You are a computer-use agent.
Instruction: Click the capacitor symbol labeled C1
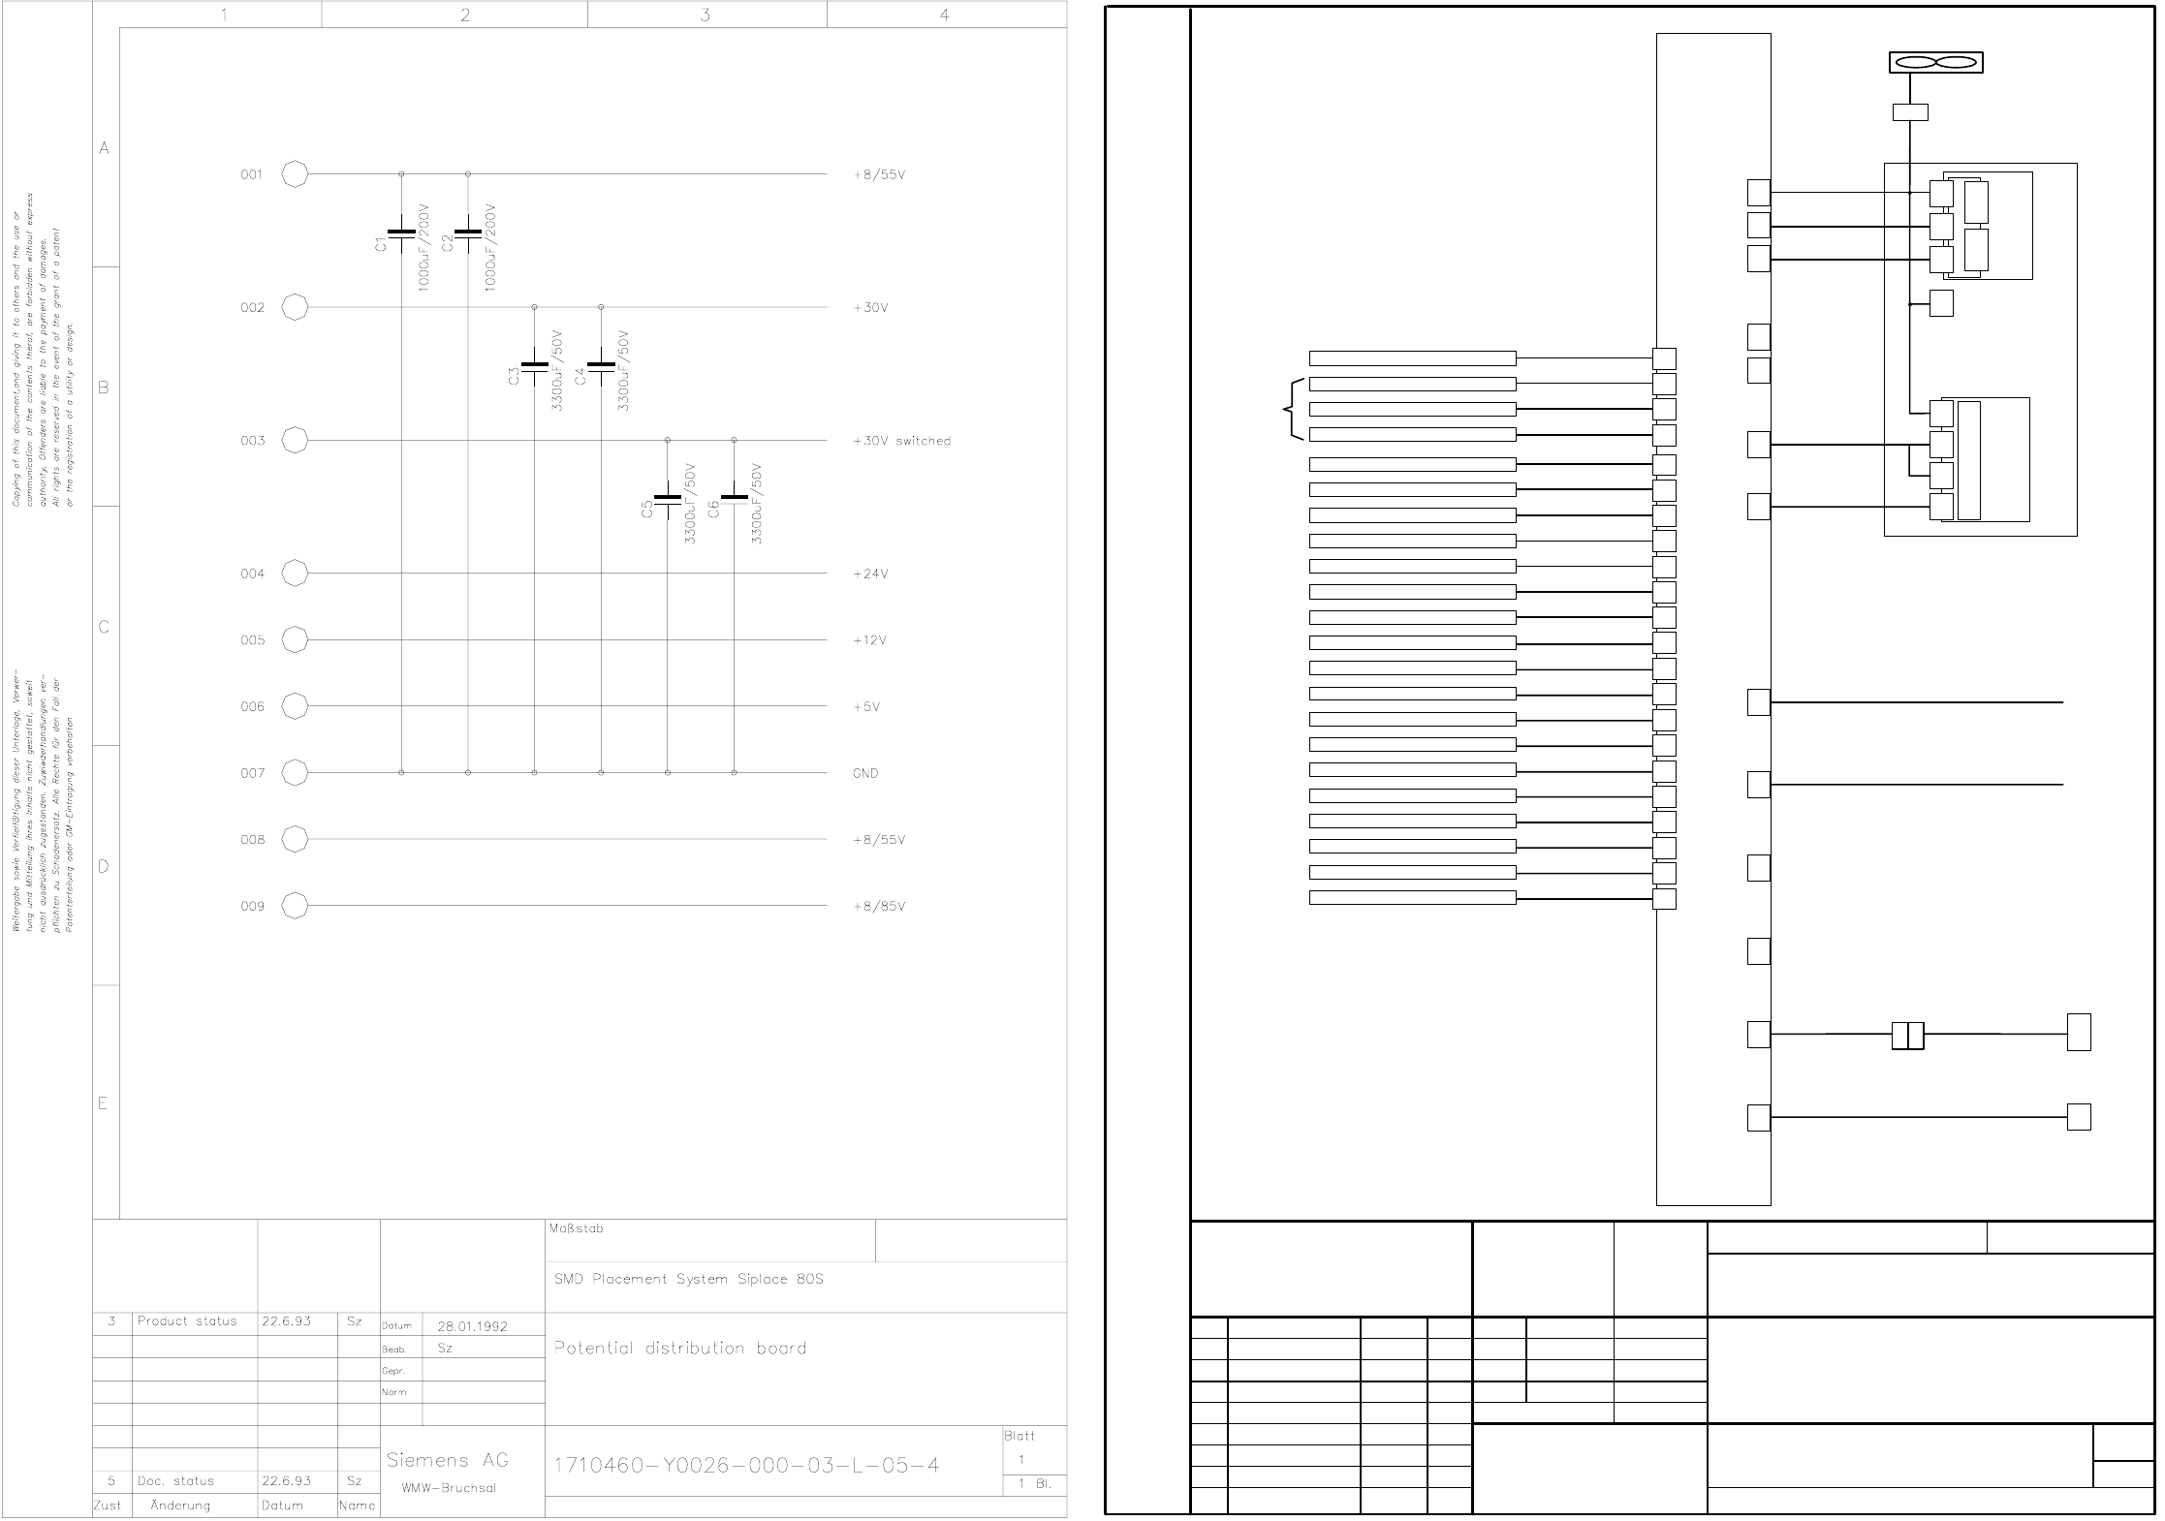(x=401, y=234)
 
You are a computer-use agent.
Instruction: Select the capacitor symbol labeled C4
(x=601, y=367)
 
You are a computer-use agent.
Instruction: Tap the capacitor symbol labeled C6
(x=735, y=500)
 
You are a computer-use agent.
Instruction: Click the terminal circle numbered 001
(x=295, y=175)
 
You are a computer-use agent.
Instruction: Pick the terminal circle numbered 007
(x=295, y=773)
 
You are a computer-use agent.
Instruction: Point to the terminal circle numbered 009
(x=295, y=906)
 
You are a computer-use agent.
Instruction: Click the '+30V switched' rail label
(x=901, y=441)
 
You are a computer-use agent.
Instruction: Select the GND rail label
(x=865, y=773)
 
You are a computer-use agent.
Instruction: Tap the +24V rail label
(x=870, y=574)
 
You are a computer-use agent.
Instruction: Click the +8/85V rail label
(x=879, y=907)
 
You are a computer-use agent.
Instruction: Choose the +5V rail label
(x=866, y=707)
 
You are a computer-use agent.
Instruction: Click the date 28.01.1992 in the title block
(x=472, y=1326)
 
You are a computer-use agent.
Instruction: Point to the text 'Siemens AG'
(x=447, y=1460)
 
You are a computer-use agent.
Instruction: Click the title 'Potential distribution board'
(x=680, y=1349)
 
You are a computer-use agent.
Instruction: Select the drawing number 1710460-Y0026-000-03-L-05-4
(x=746, y=1466)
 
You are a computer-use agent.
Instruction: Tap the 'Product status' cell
(x=187, y=1321)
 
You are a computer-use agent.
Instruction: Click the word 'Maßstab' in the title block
(x=576, y=1229)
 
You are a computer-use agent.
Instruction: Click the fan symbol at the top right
(x=1935, y=63)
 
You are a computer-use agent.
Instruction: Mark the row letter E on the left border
(x=103, y=1103)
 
